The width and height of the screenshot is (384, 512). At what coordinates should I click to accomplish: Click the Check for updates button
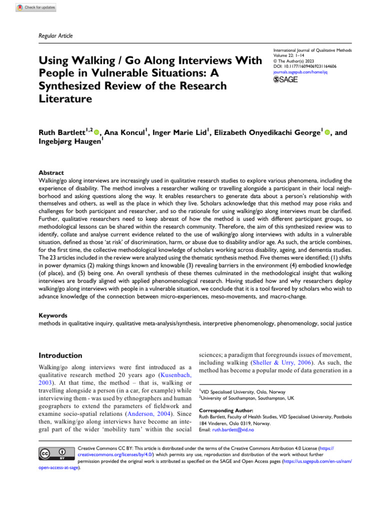pyautogui.click(x=36, y=7)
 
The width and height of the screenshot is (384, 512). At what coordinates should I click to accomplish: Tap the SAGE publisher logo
pyautogui.click(x=286, y=80)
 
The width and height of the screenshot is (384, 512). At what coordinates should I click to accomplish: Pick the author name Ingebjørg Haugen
pyautogui.click(x=69, y=143)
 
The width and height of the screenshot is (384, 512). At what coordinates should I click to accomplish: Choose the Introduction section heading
pyautogui.click(x=60, y=355)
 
